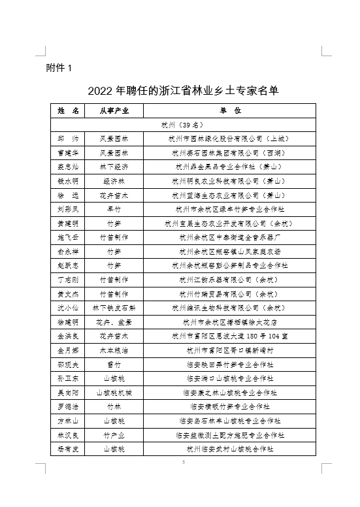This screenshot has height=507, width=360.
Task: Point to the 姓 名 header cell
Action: coord(67,110)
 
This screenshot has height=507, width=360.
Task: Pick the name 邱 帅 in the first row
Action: coord(67,139)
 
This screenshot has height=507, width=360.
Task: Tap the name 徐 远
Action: coord(67,195)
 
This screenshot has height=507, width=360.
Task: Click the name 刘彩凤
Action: coord(67,209)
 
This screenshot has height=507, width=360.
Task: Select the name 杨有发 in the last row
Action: coord(67,449)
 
